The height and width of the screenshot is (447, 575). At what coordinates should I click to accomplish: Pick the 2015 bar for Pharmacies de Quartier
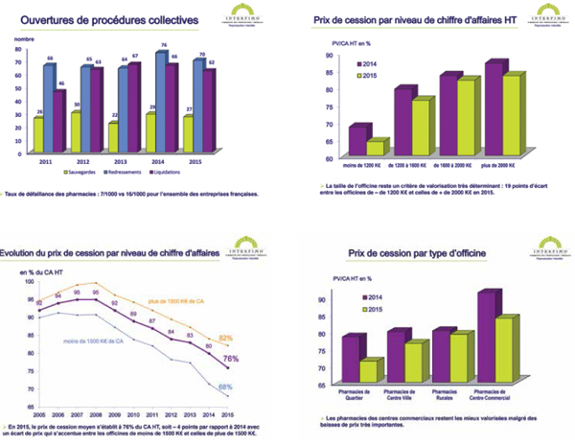pos(368,370)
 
